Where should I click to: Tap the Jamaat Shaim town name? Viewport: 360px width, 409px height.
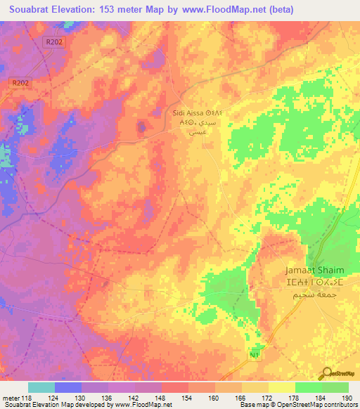click(314, 271)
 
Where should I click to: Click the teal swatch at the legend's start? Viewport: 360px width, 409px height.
click(41, 387)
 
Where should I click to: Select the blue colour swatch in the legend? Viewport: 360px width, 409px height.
click(68, 387)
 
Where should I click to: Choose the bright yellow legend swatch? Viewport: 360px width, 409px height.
click(281, 387)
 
